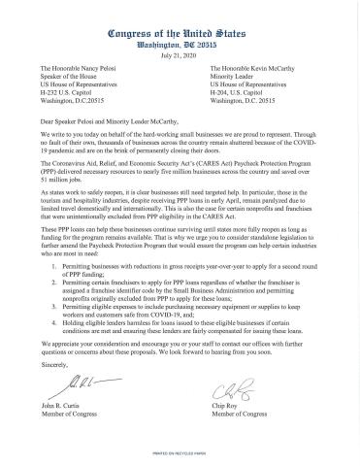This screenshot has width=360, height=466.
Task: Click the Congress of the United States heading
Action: click(180, 13)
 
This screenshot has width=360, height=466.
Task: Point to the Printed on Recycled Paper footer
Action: click(180, 453)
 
